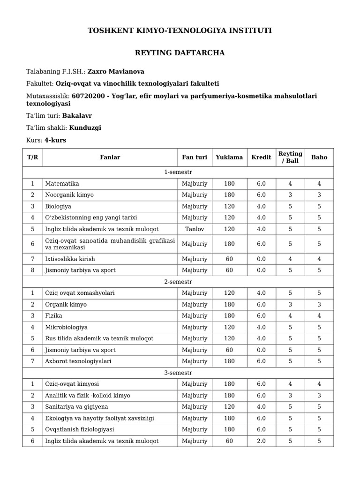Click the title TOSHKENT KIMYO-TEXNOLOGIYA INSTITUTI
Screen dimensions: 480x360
pos(180,31)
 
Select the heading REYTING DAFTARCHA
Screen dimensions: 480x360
pos(180,53)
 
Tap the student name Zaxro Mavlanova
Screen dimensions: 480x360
pos(116,72)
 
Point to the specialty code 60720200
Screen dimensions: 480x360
pos(89,96)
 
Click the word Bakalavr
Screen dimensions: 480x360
pos(78,115)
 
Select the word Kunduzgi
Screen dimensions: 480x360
pos(85,127)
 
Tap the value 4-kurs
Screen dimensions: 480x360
pos(55,140)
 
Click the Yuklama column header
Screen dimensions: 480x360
pos(229,157)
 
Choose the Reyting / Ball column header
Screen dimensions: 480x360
pos(290,157)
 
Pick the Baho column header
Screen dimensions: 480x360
pos(319,157)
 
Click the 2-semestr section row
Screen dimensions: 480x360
pos(178,282)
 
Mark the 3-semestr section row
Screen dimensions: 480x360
pos(178,373)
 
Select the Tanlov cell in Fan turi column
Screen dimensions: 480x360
pos(195,229)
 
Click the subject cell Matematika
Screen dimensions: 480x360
pos(62,184)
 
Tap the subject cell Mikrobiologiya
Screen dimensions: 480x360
pos(66,327)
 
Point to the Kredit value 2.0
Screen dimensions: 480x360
pos(261,441)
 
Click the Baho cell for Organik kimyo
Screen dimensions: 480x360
pos(319,305)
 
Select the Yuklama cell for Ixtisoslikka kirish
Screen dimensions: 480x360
pos(229,259)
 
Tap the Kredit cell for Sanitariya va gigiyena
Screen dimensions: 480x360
pos(261,407)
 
